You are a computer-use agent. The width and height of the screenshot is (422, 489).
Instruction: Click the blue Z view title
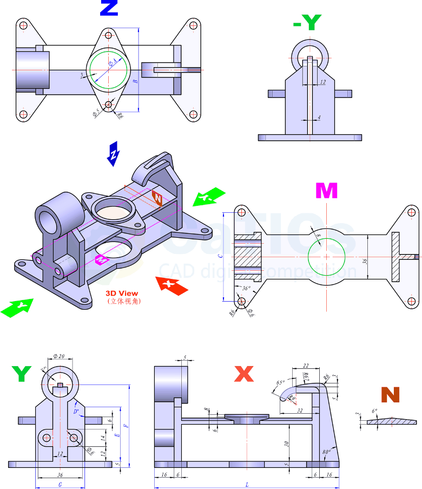point(109,8)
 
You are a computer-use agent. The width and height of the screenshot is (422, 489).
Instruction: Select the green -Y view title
point(307,22)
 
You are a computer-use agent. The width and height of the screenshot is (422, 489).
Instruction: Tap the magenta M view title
point(326,191)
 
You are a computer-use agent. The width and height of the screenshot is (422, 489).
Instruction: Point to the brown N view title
point(390,395)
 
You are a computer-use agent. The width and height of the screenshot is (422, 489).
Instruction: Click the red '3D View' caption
point(122,294)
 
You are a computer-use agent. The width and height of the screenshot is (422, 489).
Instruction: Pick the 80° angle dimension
point(326,452)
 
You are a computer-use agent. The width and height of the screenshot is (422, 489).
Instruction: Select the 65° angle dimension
point(280,382)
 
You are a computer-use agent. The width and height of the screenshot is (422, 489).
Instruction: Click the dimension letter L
point(247,485)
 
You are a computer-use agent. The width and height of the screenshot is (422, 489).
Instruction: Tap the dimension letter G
point(60,485)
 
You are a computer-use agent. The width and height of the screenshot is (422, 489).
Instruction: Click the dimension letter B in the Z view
point(135,81)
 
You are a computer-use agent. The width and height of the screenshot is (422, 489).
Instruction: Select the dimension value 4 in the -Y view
point(319,117)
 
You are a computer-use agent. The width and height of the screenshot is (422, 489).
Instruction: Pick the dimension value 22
point(306,366)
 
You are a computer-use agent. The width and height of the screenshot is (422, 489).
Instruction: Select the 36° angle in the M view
point(247,289)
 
